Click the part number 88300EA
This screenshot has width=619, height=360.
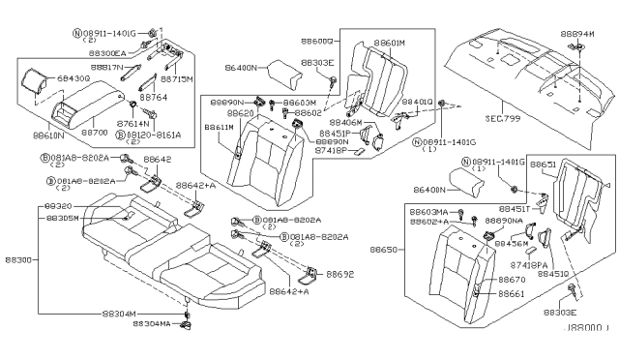(x=102, y=53)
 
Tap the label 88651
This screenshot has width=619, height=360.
(x=543, y=165)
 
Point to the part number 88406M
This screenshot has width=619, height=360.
(x=344, y=123)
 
